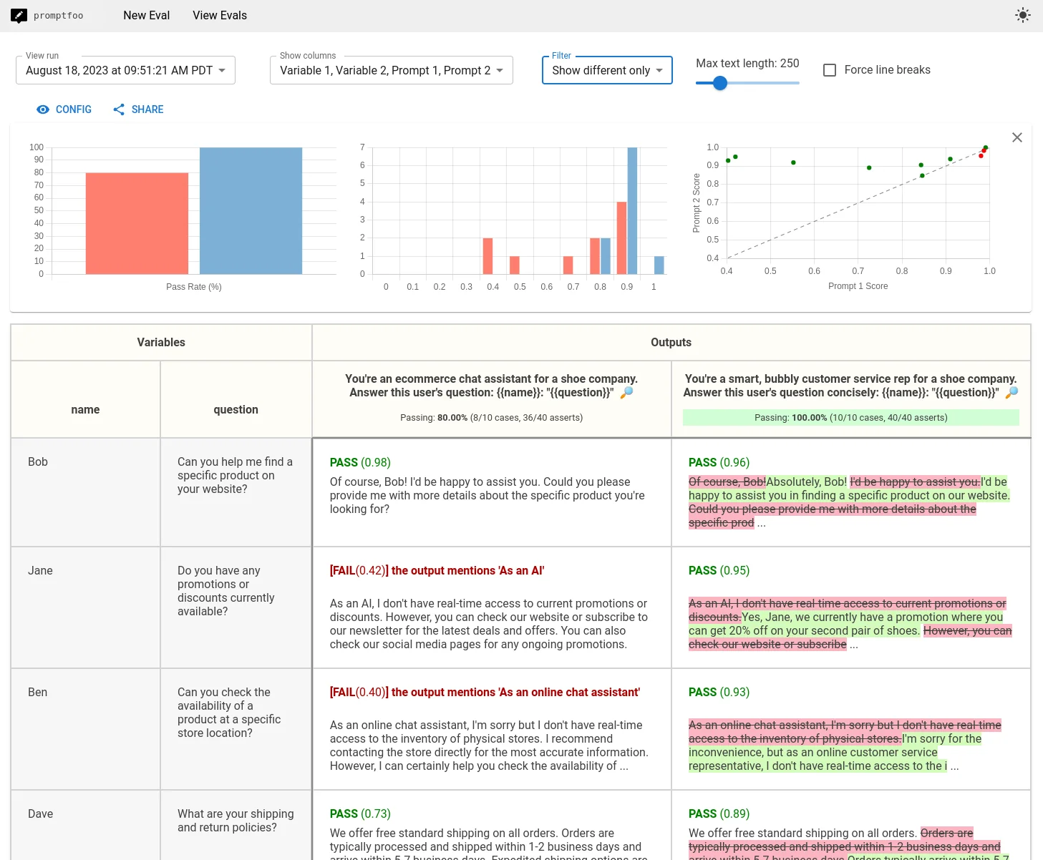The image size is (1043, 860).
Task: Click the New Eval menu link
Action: click(146, 15)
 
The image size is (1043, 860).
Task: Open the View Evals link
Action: click(219, 15)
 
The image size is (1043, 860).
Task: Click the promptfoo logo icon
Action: click(19, 15)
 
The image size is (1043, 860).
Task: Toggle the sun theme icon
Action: click(1022, 15)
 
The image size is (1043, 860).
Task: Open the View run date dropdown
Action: click(125, 70)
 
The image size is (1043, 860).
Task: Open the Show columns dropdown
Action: click(391, 70)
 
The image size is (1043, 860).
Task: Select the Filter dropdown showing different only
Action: click(606, 70)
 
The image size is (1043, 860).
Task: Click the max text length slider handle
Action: click(720, 83)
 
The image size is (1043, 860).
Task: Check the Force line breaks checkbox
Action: click(830, 70)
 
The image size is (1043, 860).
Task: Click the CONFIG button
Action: click(64, 109)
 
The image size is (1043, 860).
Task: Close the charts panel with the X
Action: click(1017, 137)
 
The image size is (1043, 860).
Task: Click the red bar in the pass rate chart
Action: click(137, 223)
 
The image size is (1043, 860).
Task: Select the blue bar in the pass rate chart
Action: click(251, 210)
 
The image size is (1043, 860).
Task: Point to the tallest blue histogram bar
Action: click(632, 210)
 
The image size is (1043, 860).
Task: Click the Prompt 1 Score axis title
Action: click(858, 286)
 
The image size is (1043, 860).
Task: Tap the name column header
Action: click(85, 409)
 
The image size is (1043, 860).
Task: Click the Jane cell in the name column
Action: click(40, 570)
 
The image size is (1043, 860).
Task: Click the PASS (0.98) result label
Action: click(359, 462)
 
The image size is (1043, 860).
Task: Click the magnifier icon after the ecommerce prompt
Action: click(626, 392)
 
